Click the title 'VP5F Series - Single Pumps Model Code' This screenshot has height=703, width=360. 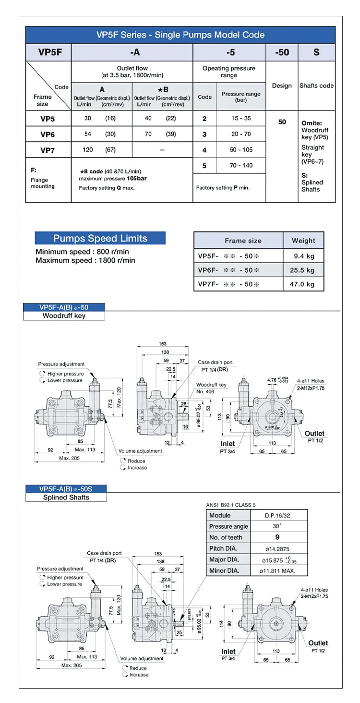(x=180, y=35)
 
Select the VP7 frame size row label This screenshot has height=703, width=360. (x=48, y=150)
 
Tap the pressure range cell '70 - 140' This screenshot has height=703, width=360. (x=240, y=165)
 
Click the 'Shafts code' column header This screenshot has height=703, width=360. (x=316, y=85)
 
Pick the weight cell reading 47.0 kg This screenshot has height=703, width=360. (x=304, y=284)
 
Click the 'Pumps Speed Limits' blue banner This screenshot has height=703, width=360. (x=100, y=238)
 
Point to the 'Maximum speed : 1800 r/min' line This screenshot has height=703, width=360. (x=85, y=260)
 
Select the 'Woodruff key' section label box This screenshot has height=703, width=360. (x=64, y=316)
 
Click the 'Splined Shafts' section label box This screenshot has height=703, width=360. (x=66, y=497)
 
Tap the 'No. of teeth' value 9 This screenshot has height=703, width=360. (x=277, y=537)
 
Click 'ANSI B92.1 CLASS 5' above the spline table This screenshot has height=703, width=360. (x=231, y=505)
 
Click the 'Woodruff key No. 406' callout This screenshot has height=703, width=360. (x=211, y=388)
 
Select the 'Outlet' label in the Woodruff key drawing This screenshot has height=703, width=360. (x=314, y=433)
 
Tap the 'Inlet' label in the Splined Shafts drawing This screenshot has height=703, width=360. (x=228, y=652)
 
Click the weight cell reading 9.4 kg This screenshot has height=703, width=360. (x=304, y=256)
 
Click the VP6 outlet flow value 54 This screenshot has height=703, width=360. (x=88, y=134)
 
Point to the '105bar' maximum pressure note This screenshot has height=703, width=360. (x=137, y=178)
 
